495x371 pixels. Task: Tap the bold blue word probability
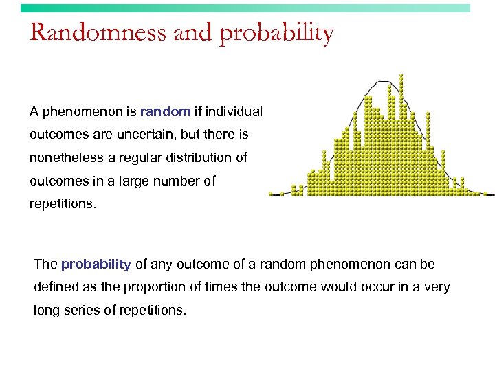(x=96, y=264)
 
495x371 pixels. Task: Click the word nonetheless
(x=67, y=157)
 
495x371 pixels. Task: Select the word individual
(x=236, y=111)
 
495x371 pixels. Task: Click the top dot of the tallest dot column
(x=401, y=76)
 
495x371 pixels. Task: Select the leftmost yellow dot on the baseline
(x=271, y=194)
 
